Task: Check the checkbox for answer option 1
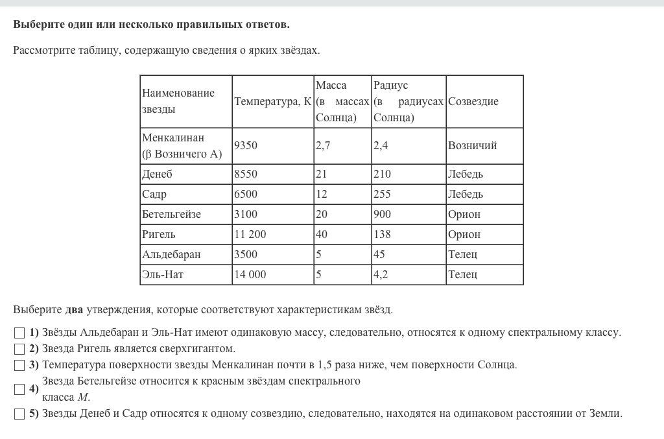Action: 19,333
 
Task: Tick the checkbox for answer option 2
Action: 19,349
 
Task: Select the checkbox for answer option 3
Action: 19,365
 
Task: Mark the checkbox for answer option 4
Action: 19,389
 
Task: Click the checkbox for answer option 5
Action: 19,414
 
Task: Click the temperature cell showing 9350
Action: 246,145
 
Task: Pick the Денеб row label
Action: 158,174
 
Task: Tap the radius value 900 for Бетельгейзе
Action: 382,214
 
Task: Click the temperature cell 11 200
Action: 250,234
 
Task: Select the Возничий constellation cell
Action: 472,145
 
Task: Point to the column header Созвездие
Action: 473,102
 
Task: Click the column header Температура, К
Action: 273,102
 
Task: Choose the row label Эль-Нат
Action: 163,274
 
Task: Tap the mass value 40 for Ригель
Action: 322,234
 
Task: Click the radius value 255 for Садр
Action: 382,194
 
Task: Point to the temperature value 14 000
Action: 250,274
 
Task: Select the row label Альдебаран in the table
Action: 171,254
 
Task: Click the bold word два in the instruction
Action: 75,310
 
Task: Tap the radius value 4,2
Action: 381,274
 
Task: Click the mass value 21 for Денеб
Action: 321,174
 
